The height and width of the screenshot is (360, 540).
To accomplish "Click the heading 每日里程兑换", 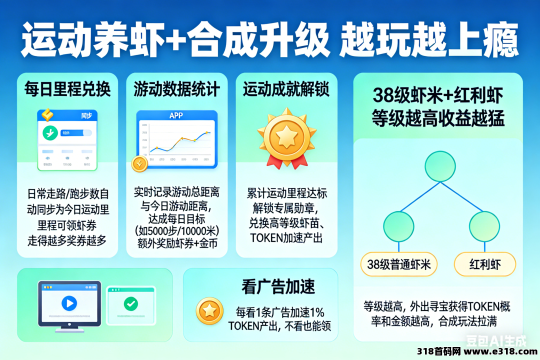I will coord(67,89).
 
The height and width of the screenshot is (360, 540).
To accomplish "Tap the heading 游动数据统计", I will coord(176,89).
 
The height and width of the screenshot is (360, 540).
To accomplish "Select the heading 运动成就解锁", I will coord(286,89).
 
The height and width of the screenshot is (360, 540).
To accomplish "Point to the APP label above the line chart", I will coord(176,115).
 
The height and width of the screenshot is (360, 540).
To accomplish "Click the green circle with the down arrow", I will coord(49,133).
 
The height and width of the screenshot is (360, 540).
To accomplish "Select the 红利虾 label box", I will coord(484,264).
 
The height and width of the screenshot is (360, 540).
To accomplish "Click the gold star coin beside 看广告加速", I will coord(210,310).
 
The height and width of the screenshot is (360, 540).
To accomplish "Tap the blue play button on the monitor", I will coord(69,303).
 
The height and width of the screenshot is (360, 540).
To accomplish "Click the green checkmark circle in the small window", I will coord(131,303).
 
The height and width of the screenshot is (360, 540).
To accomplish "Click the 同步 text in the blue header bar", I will coord(86,115).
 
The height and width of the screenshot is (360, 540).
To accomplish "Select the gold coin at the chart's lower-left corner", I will coord(139,163).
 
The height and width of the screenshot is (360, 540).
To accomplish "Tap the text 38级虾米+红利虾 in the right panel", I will coord(437,95).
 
